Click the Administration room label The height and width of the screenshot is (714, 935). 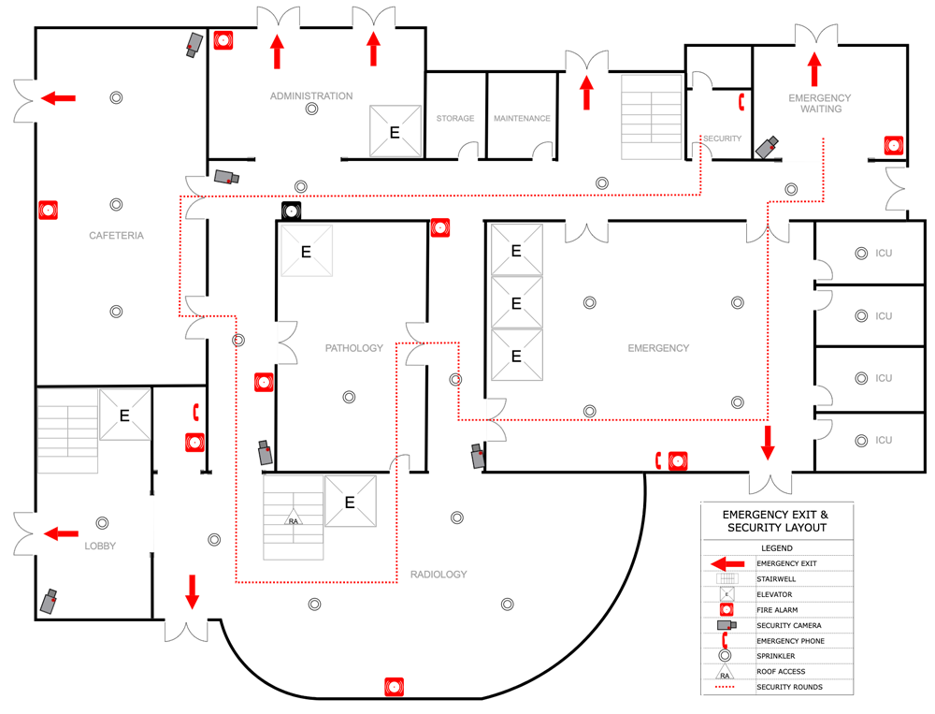(311, 96)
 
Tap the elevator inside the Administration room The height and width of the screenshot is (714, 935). (395, 132)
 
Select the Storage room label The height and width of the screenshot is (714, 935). (455, 119)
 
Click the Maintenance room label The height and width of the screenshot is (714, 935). (522, 119)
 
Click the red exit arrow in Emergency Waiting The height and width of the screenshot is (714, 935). (814, 69)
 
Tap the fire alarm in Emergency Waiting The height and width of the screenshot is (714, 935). (894, 145)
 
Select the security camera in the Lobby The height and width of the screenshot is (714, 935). (49, 601)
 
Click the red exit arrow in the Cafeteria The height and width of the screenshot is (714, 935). (58, 97)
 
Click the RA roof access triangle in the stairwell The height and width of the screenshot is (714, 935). (294, 521)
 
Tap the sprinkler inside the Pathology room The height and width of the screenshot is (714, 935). (349, 397)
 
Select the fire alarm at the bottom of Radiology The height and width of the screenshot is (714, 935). (395, 687)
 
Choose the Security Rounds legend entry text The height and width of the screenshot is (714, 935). (790, 687)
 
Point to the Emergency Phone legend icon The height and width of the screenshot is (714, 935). (726, 640)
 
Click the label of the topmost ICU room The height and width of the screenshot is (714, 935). (884, 254)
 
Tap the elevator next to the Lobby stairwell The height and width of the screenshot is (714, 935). (124, 415)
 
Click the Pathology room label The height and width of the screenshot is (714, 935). (354, 348)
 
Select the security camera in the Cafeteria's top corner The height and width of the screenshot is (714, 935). (194, 44)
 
